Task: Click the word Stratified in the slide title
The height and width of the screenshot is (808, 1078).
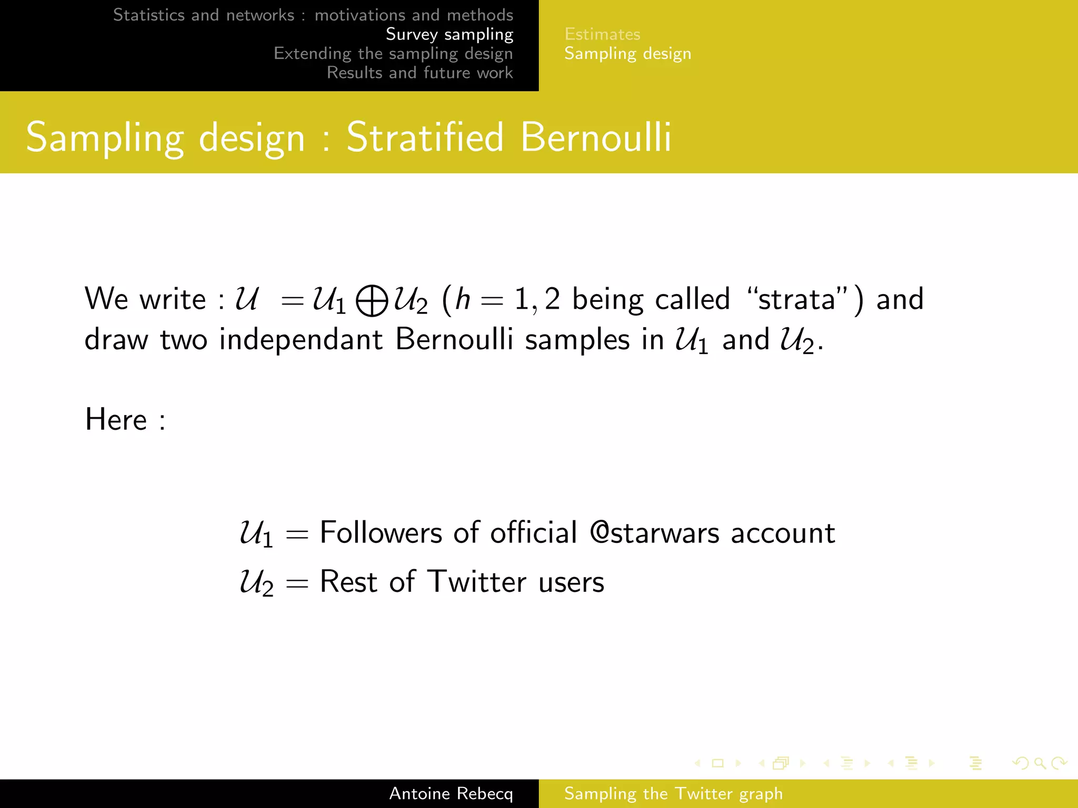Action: tap(425, 137)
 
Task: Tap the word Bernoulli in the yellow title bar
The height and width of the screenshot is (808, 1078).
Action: tap(596, 137)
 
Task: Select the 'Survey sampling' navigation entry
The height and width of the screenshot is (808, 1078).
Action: tap(449, 34)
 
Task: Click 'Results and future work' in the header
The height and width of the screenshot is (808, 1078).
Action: tap(420, 73)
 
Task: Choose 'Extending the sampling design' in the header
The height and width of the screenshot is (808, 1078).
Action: tap(393, 54)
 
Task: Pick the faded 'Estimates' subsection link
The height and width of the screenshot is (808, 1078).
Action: tap(602, 34)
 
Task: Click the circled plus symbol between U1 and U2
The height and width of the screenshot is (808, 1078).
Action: tap(372, 301)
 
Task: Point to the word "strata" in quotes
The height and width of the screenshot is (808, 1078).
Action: tap(796, 299)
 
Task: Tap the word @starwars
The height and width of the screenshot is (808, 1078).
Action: tap(654, 532)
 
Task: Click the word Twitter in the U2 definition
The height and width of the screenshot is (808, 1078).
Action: tap(476, 582)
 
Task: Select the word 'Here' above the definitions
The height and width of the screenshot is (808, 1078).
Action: tap(116, 420)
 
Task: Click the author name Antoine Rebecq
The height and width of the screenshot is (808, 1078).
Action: tap(451, 793)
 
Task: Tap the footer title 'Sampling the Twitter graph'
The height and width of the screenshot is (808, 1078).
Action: tap(673, 793)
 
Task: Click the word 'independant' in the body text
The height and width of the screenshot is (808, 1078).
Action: tap(301, 339)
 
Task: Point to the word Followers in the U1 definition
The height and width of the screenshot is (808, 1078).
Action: tap(381, 532)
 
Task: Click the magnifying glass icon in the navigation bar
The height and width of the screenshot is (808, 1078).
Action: tap(1040, 763)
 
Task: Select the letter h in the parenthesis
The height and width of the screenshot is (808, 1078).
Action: tap(462, 299)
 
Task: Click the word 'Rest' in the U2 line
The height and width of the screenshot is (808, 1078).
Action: tap(348, 582)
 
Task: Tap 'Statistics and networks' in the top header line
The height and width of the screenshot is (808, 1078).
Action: tap(204, 15)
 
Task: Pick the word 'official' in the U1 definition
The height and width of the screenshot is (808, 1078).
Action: tap(534, 532)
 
